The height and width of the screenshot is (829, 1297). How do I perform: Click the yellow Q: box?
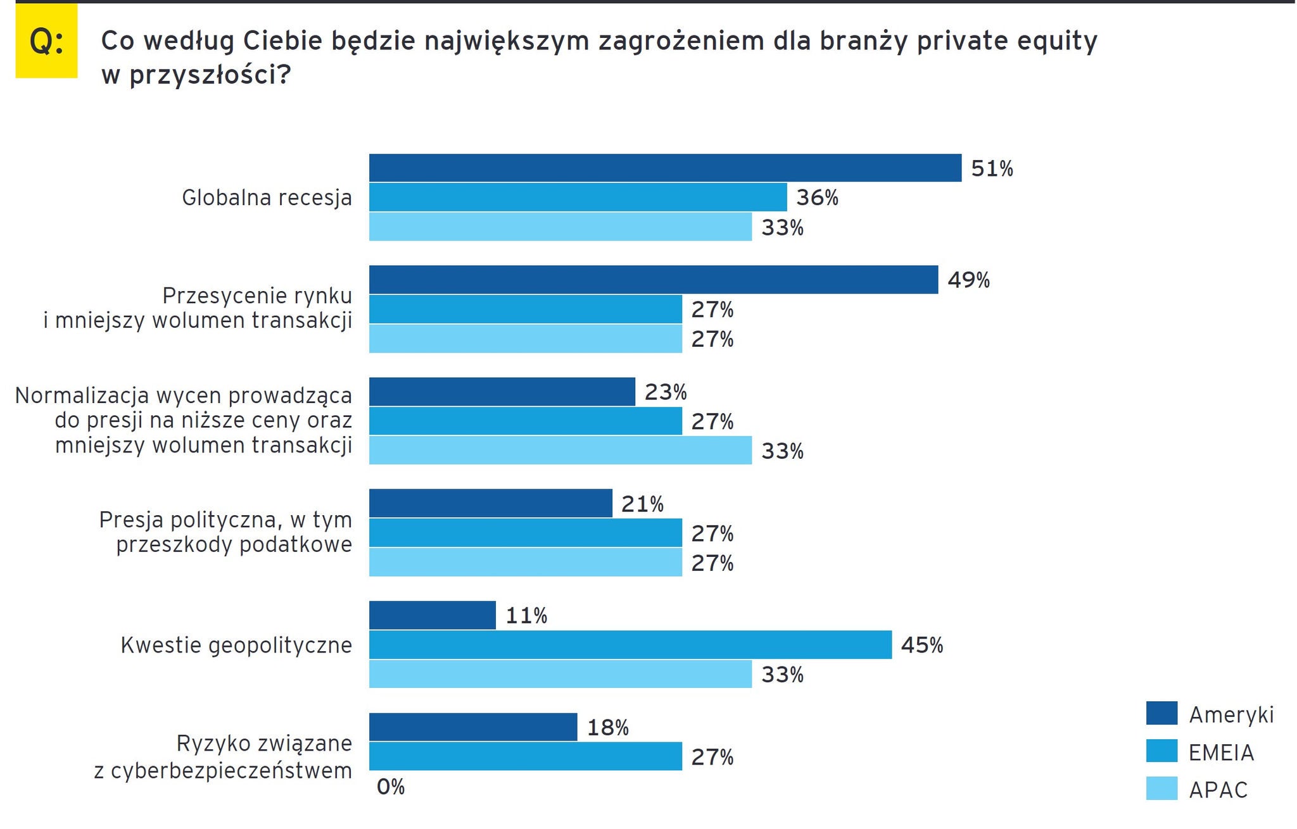[46, 42]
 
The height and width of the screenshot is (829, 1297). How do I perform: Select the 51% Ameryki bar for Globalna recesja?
[665, 168]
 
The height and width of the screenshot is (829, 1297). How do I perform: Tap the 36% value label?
[817, 198]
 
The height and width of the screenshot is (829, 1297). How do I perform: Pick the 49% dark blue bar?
[653, 280]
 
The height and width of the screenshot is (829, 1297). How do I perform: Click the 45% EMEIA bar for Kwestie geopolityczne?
[630, 645]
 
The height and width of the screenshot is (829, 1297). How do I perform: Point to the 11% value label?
[526, 616]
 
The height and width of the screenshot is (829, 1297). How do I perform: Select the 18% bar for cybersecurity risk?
[473, 727]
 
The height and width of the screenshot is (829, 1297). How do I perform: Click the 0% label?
[390, 787]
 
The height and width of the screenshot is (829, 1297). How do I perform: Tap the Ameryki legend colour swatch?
[1161, 713]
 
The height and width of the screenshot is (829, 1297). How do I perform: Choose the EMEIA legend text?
[1221, 752]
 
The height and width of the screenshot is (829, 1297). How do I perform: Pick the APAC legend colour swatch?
[1161, 788]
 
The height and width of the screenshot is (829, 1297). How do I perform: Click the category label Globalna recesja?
[267, 198]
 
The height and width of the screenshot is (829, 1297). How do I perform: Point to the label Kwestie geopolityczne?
[236, 645]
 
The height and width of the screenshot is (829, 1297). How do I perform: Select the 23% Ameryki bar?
[502, 392]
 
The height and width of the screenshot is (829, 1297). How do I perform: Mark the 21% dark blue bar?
[490, 504]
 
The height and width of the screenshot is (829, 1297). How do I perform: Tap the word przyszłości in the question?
[210, 75]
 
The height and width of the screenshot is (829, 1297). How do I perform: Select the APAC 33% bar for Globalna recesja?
[560, 227]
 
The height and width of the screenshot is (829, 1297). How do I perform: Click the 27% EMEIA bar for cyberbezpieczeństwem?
[525, 756]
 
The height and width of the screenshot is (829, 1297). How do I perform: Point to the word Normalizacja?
[82, 396]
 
